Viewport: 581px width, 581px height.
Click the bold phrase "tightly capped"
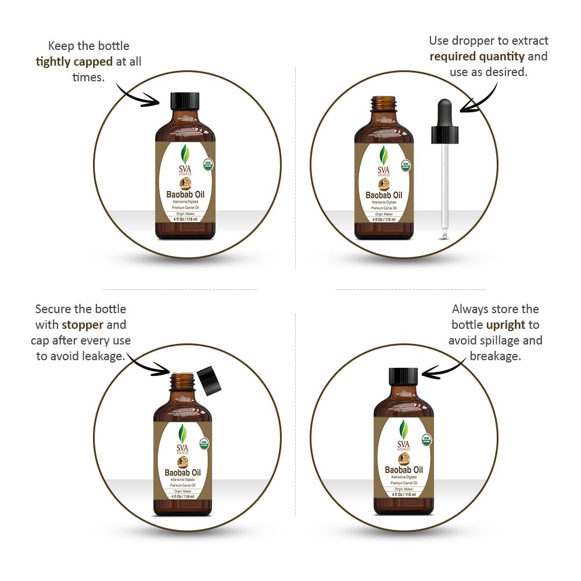click(74, 62)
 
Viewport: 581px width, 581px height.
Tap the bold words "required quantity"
click(477, 56)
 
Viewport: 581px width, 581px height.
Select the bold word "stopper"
click(83, 325)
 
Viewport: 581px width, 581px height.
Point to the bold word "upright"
click(505, 325)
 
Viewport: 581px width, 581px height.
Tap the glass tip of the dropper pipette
click(444, 234)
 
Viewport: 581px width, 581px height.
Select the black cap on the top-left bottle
click(185, 100)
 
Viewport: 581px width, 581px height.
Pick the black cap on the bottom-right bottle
click(403, 376)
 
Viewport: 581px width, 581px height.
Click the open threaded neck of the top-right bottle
click(384, 103)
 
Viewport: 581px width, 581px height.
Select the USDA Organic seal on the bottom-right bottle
click(426, 440)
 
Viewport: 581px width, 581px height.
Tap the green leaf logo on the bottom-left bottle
click(183, 433)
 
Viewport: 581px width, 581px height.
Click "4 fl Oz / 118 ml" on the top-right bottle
click(384, 220)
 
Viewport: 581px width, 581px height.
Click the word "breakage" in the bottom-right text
click(495, 356)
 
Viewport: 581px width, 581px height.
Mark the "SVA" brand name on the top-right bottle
click(384, 168)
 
